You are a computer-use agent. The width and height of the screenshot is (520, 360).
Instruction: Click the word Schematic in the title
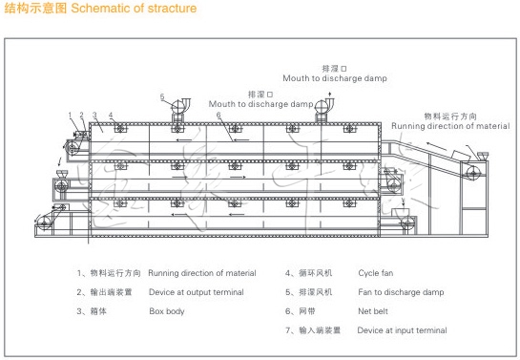[106, 9]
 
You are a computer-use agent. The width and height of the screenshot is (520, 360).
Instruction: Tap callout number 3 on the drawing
[94, 116]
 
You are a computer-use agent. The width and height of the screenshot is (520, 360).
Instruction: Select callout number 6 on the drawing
[218, 116]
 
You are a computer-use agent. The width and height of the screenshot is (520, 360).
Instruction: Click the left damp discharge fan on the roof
[179, 111]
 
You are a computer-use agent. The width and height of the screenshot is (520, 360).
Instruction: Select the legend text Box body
[168, 311]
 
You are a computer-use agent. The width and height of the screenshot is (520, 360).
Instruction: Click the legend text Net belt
[375, 311]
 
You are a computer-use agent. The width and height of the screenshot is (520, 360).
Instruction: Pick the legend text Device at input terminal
[402, 330]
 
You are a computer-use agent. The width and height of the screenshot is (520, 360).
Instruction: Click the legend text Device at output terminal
[196, 292]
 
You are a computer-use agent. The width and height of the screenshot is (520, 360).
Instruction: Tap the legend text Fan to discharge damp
[401, 292]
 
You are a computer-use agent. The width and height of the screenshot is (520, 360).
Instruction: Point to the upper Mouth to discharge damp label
[334, 77]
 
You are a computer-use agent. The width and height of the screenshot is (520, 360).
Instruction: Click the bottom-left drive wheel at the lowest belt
[42, 224]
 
